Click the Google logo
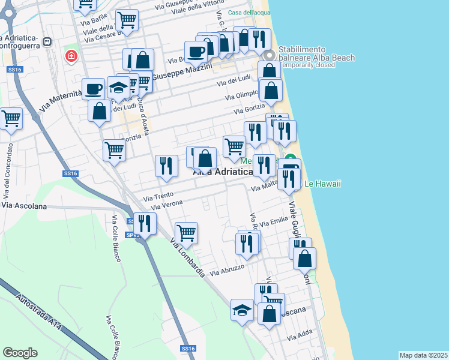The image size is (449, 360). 20,353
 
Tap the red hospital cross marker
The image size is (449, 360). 71,56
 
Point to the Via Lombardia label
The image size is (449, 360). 187,259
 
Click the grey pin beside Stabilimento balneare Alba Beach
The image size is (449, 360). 269,54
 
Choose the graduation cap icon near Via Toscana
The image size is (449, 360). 242,310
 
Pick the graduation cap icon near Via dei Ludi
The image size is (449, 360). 119,88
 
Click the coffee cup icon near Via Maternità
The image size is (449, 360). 92,89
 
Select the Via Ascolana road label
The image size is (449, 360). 23,205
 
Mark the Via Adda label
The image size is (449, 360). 300,338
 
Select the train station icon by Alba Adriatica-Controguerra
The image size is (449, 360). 47,42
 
